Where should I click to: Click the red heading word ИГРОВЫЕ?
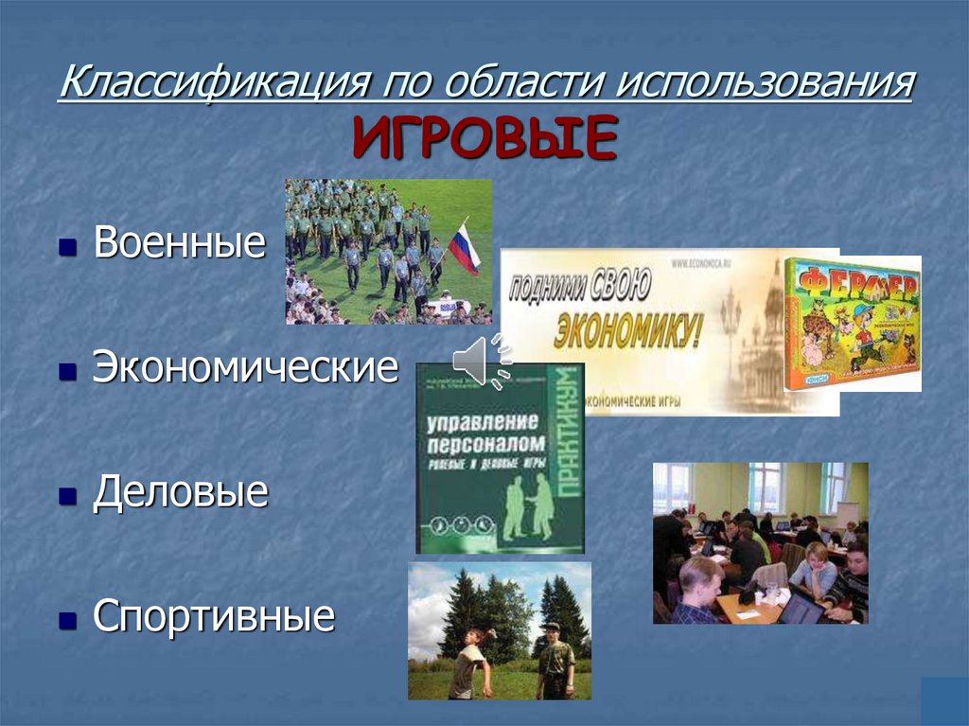pyautogui.click(x=484, y=137)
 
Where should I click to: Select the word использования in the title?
pyautogui.click(x=766, y=83)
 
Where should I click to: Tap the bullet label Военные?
pyautogui.click(x=180, y=244)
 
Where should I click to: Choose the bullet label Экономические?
pyautogui.click(x=245, y=368)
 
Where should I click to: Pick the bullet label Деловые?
pyautogui.click(x=180, y=493)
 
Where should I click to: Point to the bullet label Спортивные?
pyautogui.click(x=214, y=617)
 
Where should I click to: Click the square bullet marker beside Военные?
pyautogui.click(x=67, y=248)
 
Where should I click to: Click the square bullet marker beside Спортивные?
pyautogui.click(x=67, y=621)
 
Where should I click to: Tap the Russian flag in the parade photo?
pyautogui.click(x=464, y=247)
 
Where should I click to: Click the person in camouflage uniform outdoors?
pyautogui.click(x=555, y=664)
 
